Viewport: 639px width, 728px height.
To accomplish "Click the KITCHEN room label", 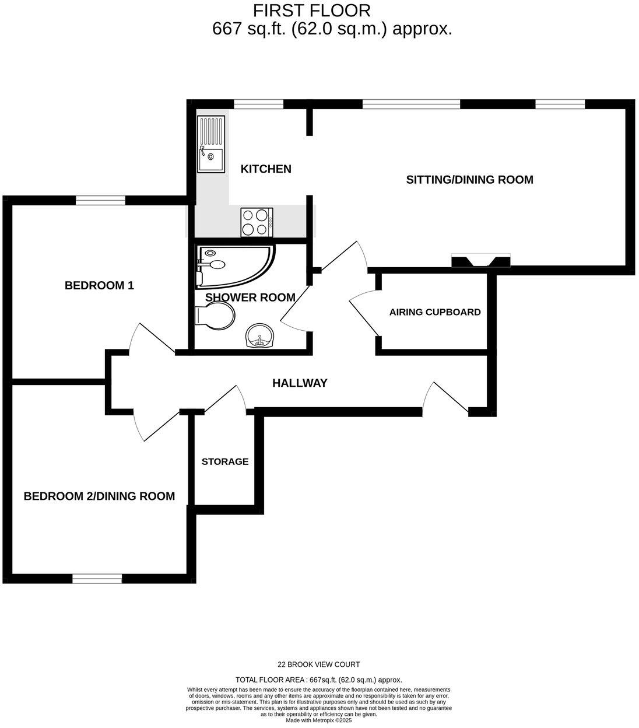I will (x=266, y=169).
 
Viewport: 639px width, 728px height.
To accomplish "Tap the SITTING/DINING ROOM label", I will (x=469, y=180).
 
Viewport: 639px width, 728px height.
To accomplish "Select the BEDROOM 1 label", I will (x=99, y=286).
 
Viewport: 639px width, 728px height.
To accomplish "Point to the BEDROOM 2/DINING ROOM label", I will (x=99, y=496).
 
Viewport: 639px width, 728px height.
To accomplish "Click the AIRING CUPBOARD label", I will (x=435, y=312).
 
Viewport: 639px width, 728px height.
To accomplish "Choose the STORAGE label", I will (x=225, y=461).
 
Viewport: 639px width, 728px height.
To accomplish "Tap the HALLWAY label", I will (x=300, y=383).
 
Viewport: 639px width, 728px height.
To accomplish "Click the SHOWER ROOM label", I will (x=250, y=297).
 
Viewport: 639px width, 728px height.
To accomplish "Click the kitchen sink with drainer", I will (x=210, y=144).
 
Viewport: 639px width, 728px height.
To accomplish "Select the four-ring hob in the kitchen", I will (x=257, y=222).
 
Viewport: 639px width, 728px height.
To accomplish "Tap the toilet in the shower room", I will (x=215, y=317).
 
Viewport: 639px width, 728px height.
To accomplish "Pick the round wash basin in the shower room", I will (x=259, y=337).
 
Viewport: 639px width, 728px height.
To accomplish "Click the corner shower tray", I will (x=233, y=266).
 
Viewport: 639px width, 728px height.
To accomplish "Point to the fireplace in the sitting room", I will (x=481, y=261).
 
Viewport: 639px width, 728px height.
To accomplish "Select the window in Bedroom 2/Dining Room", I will (x=97, y=578).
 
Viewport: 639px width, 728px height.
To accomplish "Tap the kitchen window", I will (x=259, y=104).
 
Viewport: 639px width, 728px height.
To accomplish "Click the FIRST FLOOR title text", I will (x=311, y=10).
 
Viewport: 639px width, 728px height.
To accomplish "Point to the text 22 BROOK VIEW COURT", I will (x=318, y=664).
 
